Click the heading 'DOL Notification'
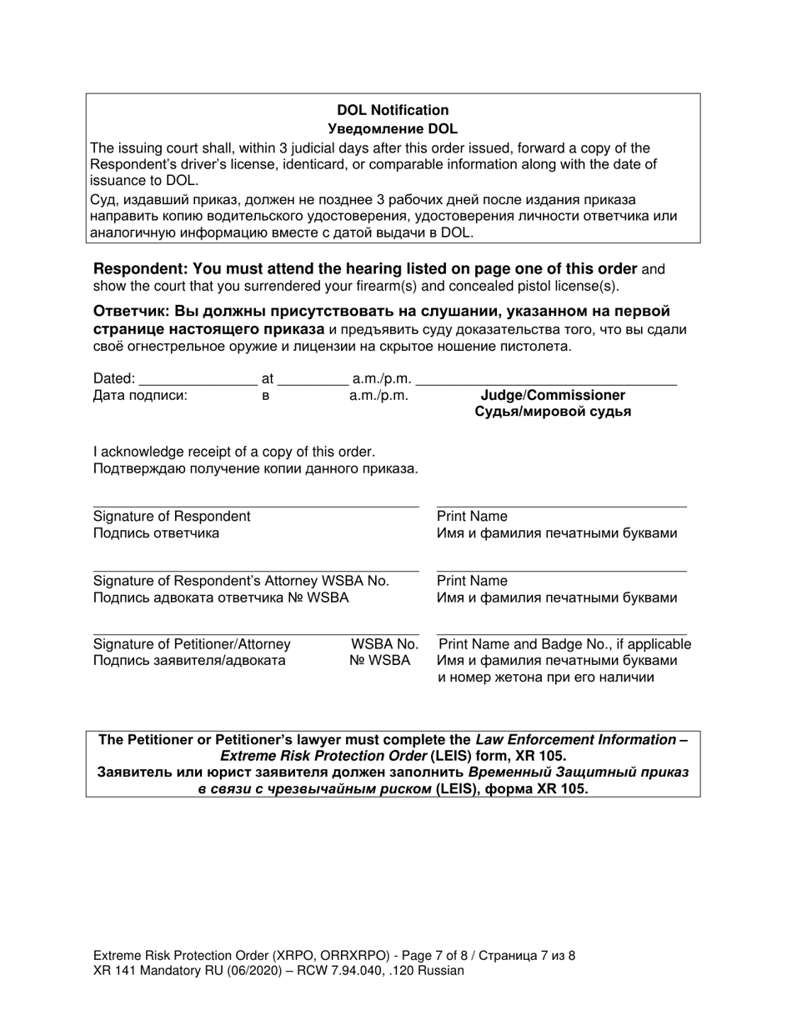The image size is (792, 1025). tap(393, 110)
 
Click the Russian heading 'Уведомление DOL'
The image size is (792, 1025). tap(393, 128)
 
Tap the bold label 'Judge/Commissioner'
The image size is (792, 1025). tap(553, 395)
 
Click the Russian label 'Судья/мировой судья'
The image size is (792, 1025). tap(553, 412)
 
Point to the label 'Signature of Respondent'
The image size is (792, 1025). tap(172, 516)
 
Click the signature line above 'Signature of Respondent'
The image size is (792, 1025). tap(255, 505)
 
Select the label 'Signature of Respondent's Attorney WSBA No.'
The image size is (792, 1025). tap(241, 580)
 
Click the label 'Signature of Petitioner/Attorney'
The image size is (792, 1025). tap(192, 644)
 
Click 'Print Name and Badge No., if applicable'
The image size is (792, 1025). tap(564, 644)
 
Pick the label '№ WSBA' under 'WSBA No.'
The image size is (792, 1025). tap(379, 661)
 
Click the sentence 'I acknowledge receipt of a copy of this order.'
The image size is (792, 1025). tap(234, 452)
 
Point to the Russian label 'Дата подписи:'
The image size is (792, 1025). tap(140, 396)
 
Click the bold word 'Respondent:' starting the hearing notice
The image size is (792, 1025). tap(141, 269)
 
